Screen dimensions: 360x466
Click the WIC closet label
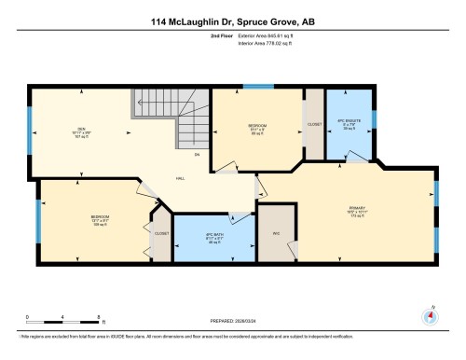coord(277,232)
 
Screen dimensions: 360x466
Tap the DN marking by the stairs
coord(197,155)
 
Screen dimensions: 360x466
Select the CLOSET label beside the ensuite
coord(314,123)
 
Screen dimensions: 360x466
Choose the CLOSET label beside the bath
coord(161,233)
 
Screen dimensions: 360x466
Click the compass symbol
coord(430,314)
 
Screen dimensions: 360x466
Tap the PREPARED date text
coord(232,316)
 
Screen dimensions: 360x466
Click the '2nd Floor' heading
coord(232,34)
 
